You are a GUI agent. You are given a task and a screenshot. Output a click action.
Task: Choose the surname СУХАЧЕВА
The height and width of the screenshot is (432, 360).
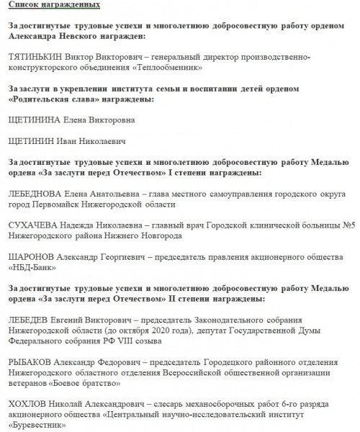[x=32, y=225]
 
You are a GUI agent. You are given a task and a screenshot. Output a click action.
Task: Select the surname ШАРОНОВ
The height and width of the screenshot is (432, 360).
[x=31, y=256]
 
